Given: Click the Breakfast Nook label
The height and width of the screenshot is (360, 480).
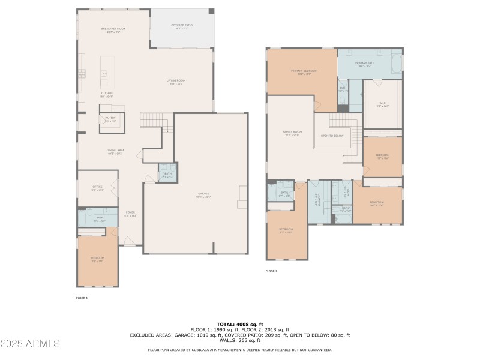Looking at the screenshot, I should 113,30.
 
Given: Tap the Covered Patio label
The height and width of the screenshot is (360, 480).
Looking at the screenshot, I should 181,26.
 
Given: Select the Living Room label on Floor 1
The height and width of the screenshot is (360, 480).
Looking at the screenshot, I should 176,82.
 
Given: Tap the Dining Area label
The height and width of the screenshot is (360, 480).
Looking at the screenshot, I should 115,151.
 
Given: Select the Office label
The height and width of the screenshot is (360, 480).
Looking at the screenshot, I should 97,188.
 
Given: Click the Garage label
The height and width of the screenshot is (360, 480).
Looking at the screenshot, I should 204,195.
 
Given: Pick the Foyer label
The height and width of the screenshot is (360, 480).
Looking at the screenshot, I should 130,214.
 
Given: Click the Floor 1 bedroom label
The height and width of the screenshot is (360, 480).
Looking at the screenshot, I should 97,259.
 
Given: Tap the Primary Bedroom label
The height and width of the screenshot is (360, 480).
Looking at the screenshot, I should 304,72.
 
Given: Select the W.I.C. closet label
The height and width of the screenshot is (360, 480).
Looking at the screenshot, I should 382,104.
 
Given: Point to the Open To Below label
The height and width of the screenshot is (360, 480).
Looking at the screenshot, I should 332,136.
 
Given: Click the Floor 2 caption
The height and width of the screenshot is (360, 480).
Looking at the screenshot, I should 271,271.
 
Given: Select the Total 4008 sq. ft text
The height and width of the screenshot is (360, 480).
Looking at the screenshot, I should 239,324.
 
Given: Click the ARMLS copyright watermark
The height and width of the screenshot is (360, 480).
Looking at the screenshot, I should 30,344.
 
